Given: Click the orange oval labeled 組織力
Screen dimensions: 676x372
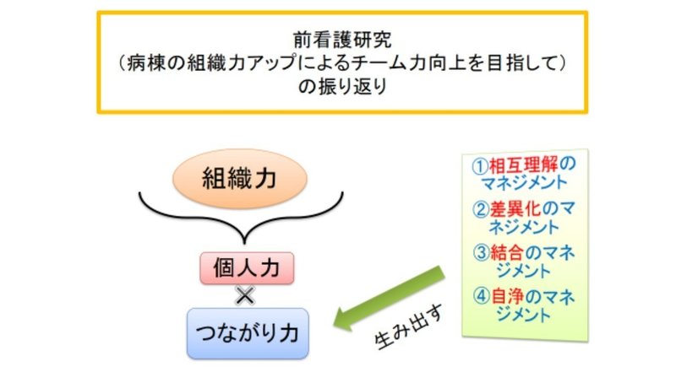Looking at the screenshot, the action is (240, 179).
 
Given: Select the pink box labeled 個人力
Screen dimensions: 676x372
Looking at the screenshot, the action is (247, 268).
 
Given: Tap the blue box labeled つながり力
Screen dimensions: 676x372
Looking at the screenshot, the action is (248, 333).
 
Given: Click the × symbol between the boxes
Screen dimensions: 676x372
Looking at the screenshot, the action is (245, 296).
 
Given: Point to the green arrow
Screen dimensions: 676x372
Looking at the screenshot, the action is (389, 298).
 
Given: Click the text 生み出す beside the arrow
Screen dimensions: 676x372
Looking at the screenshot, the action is (409, 327).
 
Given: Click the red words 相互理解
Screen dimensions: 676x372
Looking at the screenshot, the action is (523, 164).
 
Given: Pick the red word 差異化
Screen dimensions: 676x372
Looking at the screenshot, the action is (515, 209).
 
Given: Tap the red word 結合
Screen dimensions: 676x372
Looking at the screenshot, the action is (507, 253).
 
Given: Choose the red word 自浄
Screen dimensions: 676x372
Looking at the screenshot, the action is (507, 297).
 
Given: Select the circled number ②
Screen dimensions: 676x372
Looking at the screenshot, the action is (480, 210).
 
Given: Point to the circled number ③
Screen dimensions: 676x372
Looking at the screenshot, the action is (481, 253).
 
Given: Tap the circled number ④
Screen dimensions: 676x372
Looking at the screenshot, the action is (482, 297).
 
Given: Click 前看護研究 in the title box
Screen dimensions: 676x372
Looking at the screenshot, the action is (342, 40).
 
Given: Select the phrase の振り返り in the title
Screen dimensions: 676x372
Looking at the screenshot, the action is (343, 87).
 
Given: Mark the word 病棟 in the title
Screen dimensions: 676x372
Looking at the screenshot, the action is (145, 63).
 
